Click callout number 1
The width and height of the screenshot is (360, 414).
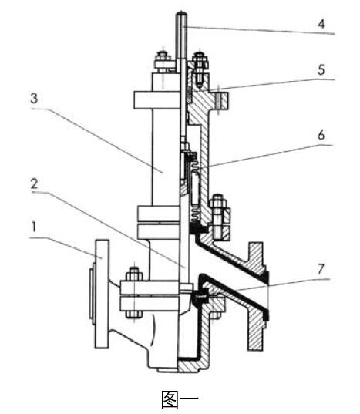point(33,227)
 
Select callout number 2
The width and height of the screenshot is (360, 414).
point(35,183)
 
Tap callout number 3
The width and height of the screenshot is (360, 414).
point(34,98)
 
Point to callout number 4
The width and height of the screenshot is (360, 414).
point(321,24)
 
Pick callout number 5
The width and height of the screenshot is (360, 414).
point(321,70)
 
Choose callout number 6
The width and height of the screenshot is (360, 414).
point(321,135)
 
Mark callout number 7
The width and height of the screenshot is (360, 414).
point(321,269)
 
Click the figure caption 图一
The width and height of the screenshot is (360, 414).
point(180,399)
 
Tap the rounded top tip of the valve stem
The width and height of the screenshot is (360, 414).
point(182,13)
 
